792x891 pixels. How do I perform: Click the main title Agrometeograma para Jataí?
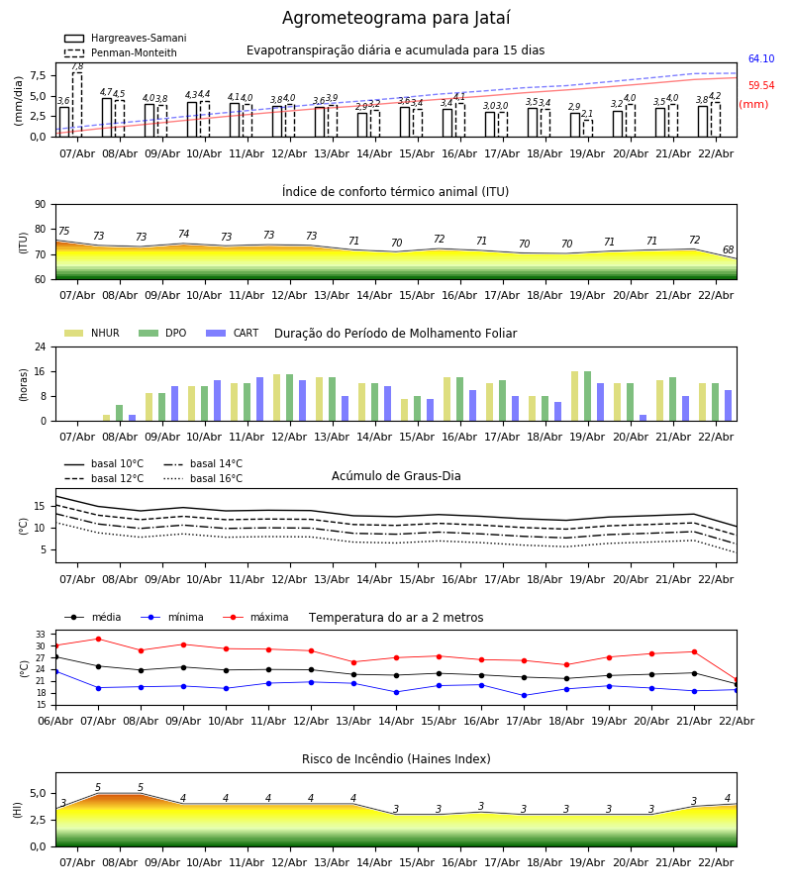[396, 19]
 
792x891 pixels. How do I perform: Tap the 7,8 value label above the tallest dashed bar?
[77, 66]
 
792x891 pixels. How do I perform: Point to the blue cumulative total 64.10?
[760, 59]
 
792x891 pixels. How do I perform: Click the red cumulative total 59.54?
[760, 86]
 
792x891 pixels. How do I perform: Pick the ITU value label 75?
[63, 232]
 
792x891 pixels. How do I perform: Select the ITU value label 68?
[729, 250]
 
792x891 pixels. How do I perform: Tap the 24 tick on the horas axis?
[45, 347]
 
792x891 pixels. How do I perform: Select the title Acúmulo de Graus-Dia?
[396, 476]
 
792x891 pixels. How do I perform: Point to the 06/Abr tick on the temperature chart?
[55, 720]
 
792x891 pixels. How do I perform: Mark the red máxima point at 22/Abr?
[737, 680]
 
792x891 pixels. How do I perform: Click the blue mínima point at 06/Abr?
[55, 671]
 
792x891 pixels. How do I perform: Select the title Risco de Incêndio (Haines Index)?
[396, 759]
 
